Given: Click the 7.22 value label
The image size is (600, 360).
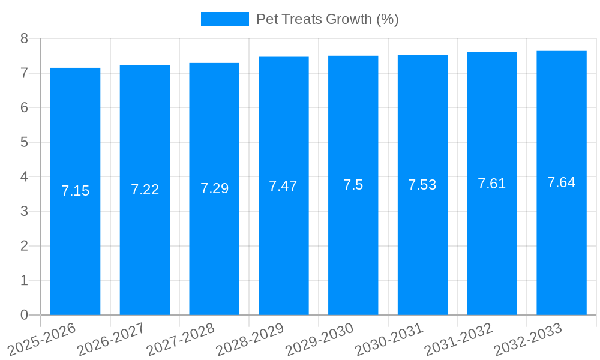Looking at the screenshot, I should (145, 190).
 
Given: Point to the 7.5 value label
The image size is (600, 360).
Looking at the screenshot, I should (353, 185).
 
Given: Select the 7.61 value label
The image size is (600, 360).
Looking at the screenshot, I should (491, 184).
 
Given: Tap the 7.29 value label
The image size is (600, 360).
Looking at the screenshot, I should (214, 188).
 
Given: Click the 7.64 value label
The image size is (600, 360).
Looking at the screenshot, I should (561, 182).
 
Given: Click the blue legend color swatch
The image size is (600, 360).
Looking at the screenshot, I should (224, 19).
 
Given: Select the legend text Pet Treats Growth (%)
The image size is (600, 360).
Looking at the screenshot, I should (327, 19).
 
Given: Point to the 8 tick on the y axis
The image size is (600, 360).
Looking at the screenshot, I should (24, 38).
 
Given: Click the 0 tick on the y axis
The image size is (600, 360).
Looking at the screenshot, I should (24, 315).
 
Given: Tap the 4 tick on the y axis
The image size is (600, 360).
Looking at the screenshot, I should (24, 177).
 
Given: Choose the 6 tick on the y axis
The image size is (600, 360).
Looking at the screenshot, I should (24, 107).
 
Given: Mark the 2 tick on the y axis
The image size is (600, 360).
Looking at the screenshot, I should (24, 246).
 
